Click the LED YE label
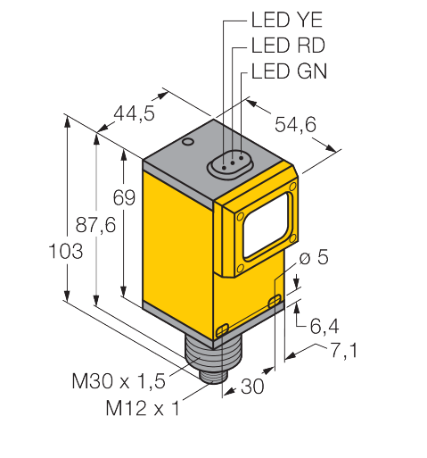[287, 20]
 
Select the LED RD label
[288, 46]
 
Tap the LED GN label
[289, 71]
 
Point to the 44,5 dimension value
[135, 113]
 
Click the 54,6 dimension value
[295, 124]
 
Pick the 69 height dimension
[124, 197]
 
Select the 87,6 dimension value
[95, 225]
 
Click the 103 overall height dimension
[66, 251]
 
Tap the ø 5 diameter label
[314, 257]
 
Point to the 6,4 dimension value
[324, 326]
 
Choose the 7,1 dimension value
[344, 350]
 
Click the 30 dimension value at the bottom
[252, 387]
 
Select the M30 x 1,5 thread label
[119, 381]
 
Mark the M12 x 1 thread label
[143, 408]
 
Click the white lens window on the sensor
[266, 225]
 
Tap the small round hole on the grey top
[188, 142]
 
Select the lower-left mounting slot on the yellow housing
[222, 329]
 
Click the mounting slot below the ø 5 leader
[275, 301]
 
